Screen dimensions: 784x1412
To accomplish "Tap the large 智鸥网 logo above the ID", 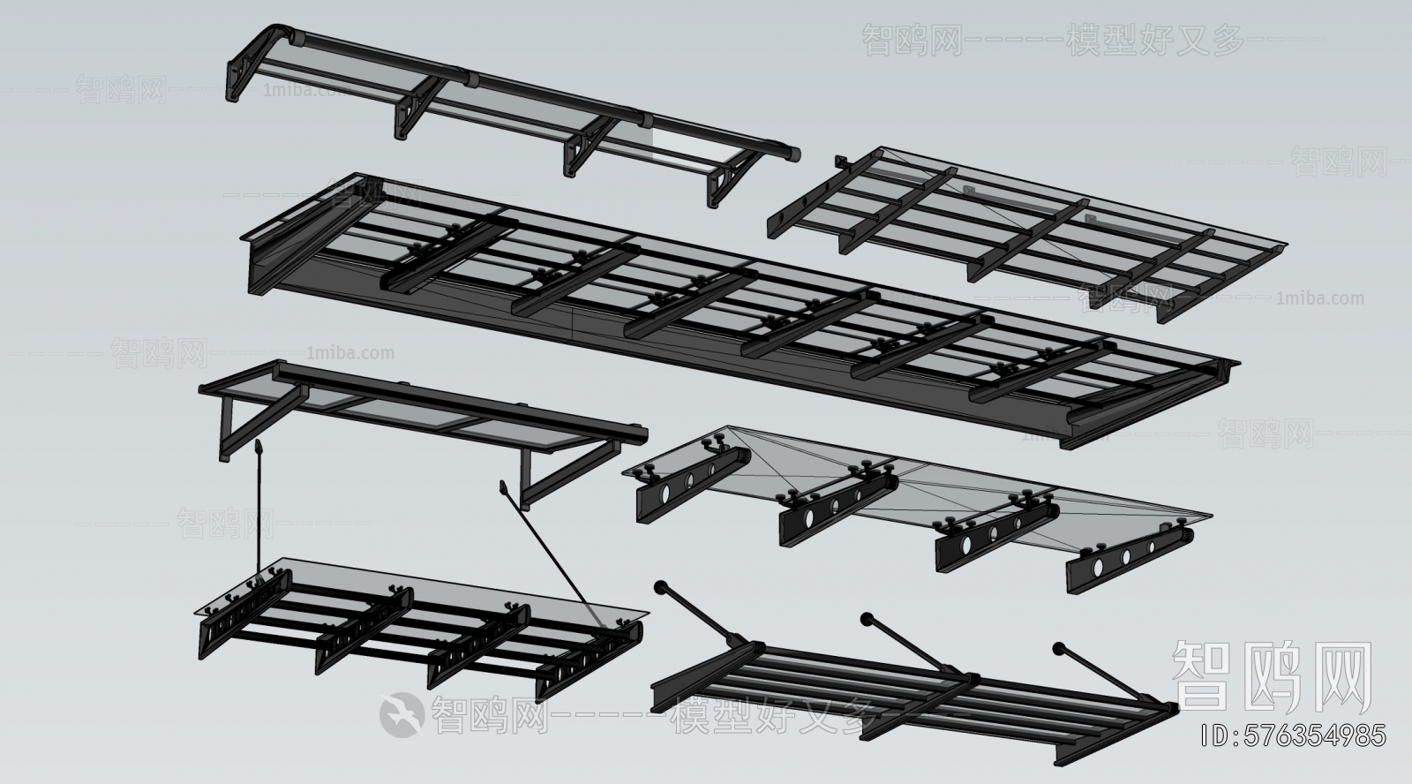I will pyautogui.click(x=1271, y=676).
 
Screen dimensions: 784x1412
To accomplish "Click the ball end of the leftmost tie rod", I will pyautogui.click(x=658, y=585).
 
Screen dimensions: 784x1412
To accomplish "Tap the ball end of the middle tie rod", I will pyautogui.click(x=867, y=618).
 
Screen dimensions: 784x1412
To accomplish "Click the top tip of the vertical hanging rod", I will pyautogui.click(x=259, y=449).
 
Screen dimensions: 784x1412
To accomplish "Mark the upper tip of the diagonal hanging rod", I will pyautogui.click(x=504, y=485).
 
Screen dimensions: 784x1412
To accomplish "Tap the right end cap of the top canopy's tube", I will pyautogui.click(x=795, y=155).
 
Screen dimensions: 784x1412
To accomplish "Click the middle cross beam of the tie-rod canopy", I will pyautogui.click(x=918, y=703).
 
